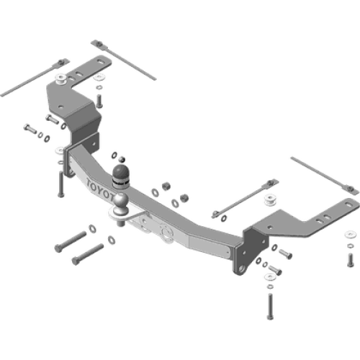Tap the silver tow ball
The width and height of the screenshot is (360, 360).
[120, 197]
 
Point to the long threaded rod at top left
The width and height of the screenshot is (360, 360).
[29, 86]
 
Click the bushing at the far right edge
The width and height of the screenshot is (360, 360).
[350, 235]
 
